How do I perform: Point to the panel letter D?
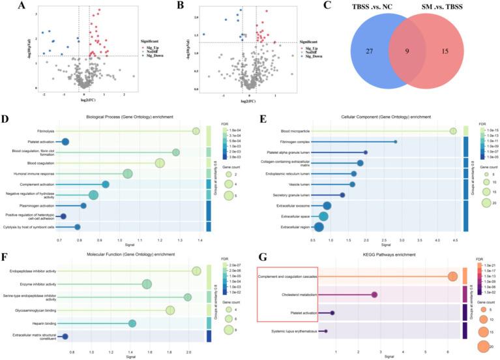[x=5, y=120]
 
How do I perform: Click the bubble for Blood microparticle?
[x=453, y=132]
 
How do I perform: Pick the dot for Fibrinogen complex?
[x=395, y=142]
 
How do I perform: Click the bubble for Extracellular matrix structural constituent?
[x=65, y=337]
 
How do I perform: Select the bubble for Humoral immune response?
[x=128, y=173]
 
